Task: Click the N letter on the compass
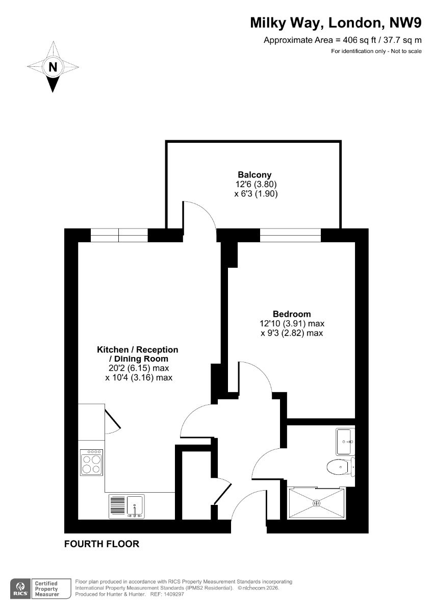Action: [x=53, y=67]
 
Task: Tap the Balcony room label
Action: [x=254, y=174]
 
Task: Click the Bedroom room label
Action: [x=292, y=314]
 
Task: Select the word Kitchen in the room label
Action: [x=113, y=350]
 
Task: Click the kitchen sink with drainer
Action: [x=127, y=506]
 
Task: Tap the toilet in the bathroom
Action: [x=340, y=467]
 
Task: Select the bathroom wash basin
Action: [x=345, y=442]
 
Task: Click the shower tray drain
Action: [x=317, y=503]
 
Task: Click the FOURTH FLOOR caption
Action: [x=101, y=544]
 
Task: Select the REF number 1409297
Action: [x=173, y=594]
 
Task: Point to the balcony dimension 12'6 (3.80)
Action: [x=256, y=184]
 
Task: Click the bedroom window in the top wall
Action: [x=290, y=235]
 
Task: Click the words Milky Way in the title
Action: [x=285, y=23]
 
